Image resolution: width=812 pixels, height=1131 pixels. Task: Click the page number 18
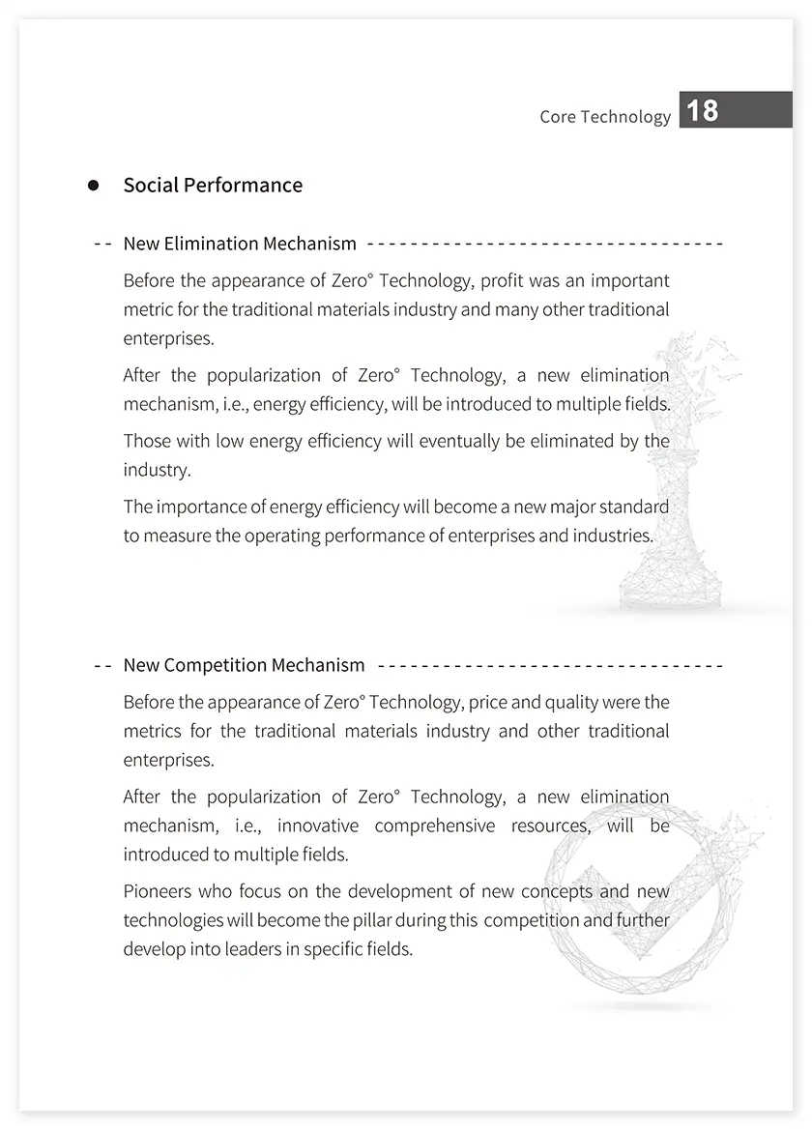coord(703,110)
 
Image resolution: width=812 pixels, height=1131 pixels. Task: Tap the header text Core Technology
coord(605,117)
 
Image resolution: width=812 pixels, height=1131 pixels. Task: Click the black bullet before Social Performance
coord(94,186)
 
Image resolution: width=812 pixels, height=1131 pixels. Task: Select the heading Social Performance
coord(213,186)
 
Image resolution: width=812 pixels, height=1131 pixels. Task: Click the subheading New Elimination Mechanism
coord(240,244)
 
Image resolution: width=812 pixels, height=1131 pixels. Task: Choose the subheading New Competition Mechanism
coord(244,665)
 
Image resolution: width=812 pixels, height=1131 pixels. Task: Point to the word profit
coord(504,281)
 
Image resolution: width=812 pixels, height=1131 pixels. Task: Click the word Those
coord(147,442)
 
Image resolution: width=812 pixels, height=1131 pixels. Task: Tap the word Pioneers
coord(159,891)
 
